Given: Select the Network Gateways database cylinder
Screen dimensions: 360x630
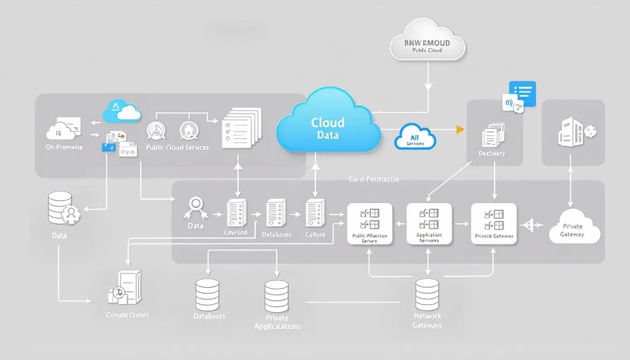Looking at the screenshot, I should [x=427, y=294].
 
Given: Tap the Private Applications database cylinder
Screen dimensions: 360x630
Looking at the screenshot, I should [x=276, y=296].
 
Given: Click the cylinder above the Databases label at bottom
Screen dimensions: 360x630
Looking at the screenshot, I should [x=207, y=295].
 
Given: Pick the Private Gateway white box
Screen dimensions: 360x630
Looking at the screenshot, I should [x=494, y=224].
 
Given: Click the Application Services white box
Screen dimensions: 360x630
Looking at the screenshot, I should [x=429, y=224].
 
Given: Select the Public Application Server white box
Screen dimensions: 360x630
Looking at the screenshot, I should [x=369, y=224].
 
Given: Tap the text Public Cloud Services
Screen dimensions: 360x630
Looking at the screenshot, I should [x=177, y=147].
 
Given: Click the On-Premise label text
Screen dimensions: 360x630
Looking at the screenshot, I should [x=64, y=147].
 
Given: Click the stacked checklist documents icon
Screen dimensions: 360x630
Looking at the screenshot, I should [x=241, y=127].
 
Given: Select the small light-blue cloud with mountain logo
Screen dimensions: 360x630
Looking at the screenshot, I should [x=122, y=111].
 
